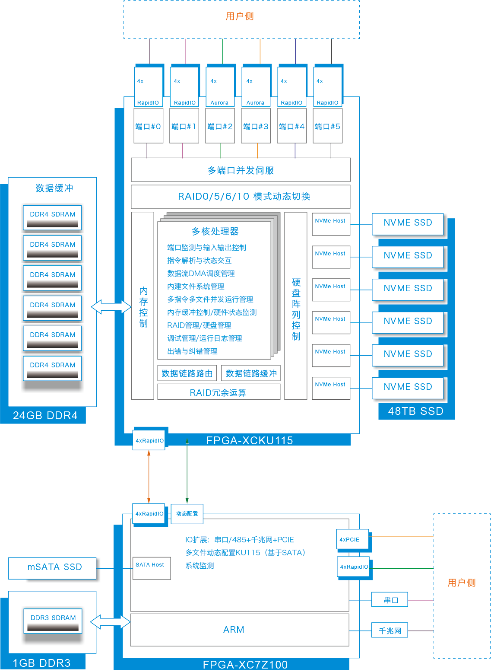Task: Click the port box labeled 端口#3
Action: click(256, 126)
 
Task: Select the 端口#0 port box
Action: click(148, 126)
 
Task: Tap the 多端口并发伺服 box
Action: click(241, 170)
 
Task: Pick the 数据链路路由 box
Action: click(187, 373)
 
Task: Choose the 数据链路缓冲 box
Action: click(251, 373)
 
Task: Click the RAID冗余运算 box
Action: click(219, 392)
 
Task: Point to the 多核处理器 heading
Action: click(215, 232)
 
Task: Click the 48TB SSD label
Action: click(415, 411)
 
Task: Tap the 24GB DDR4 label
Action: click(45, 416)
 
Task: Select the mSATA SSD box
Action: click(54, 567)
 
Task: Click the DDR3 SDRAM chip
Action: click(53, 621)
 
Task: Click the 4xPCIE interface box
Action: click(352, 539)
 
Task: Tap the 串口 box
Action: click(390, 600)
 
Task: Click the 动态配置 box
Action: click(187, 514)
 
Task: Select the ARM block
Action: click(234, 630)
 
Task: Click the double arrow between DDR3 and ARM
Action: click(111, 622)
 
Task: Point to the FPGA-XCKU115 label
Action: click(250, 440)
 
